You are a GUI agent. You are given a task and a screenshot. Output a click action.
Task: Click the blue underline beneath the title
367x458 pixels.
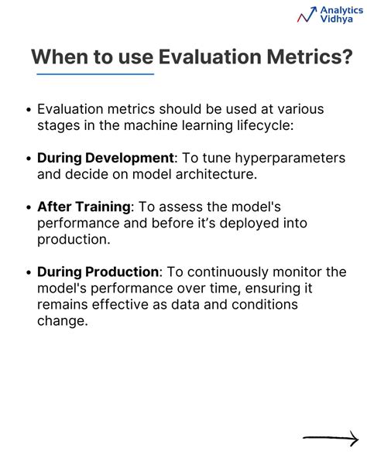(x=95, y=74)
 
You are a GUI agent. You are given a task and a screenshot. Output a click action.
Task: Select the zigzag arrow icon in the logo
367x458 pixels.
(x=307, y=15)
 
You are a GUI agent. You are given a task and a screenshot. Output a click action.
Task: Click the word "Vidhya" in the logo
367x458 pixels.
(x=336, y=19)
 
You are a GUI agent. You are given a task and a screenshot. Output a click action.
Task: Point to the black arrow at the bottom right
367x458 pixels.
(x=331, y=438)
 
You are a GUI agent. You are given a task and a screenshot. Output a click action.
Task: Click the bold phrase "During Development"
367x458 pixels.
(x=105, y=159)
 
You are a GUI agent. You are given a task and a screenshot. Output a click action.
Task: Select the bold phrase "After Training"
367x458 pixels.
(x=84, y=207)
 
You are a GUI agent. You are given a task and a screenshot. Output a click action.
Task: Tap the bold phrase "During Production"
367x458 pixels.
(x=98, y=272)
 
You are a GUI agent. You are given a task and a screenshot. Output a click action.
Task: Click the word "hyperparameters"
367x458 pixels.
(x=290, y=159)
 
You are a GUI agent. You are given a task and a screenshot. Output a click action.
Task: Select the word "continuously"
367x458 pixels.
(x=228, y=272)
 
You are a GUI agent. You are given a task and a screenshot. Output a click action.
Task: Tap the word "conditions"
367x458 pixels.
(x=265, y=304)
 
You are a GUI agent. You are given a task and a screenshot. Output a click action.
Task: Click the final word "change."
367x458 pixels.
(x=62, y=321)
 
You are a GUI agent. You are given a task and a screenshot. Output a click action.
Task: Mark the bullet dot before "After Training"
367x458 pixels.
(x=29, y=207)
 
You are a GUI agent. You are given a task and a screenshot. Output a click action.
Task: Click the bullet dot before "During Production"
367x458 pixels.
(x=29, y=272)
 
